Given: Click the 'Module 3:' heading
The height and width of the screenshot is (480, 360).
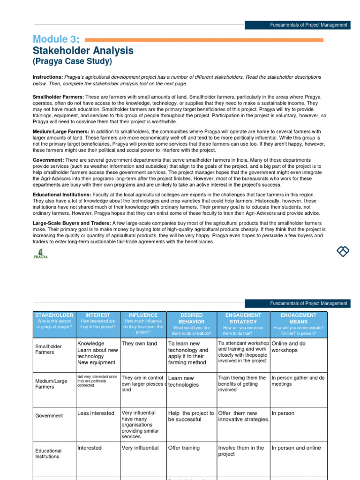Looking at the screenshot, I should (x=56, y=39).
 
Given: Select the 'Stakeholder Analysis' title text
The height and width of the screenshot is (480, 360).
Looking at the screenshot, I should (x=83, y=51).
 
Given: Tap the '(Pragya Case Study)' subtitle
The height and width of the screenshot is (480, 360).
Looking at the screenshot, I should (x=72, y=61).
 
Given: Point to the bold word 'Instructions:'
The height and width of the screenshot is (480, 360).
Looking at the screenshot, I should (x=47, y=77).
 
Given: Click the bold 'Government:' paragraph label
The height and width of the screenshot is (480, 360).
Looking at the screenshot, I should (x=48, y=160).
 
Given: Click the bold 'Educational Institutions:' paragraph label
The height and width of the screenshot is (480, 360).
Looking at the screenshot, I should (x=62, y=195).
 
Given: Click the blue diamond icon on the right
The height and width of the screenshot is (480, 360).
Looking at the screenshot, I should (x=343, y=251).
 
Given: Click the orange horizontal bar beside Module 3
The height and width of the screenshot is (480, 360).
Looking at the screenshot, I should (x=203, y=40).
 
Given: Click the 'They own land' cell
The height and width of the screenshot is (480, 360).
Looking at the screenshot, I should (x=139, y=344).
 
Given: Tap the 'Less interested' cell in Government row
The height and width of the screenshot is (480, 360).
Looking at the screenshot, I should (x=96, y=413).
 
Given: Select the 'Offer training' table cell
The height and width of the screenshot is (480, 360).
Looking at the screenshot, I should (x=184, y=448).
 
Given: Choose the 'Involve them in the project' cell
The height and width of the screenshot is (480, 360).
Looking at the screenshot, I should (x=241, y=451).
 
